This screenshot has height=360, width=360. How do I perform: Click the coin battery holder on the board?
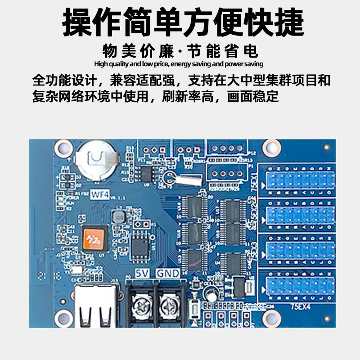pyautogui.click(x=97, y=160)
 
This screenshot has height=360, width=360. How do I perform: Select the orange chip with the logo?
pyautogui.click(x=94, y=237)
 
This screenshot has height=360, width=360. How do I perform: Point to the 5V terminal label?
pyautogui.click(x=142, y=273)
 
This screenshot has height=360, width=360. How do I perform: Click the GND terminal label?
pyautogui.click(x=167, y=273)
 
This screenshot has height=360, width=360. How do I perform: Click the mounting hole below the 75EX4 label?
pyautogui.click(x=270, y=320)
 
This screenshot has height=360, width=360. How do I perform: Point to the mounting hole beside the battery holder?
pyautogui.click(x=62, y=147)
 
